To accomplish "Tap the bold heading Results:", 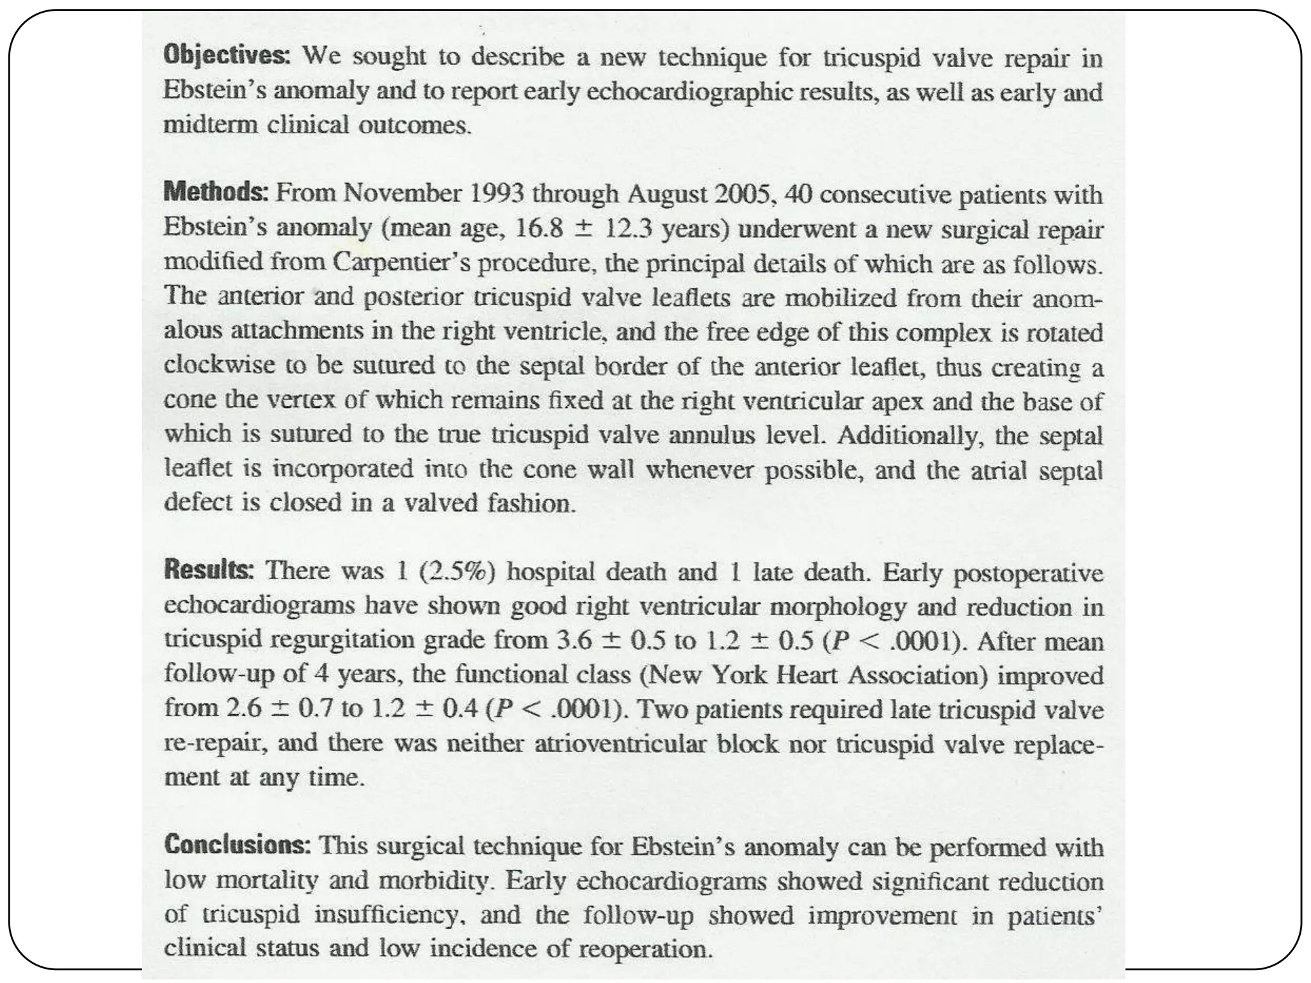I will click(x=209, y=570).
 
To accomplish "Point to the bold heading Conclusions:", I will click(x=237, y=845).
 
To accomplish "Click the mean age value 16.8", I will click(x=538, y=228).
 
